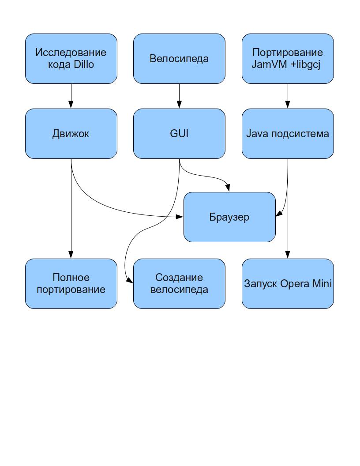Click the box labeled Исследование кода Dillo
(x=71, y=58)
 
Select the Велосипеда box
(x=179, y=58)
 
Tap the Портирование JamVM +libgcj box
(x=288, y=58)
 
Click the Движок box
(x=71, y=134)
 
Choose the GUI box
(x=179, y=134)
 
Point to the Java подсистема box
(x=288, y=134)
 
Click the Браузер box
(x=229, y=217)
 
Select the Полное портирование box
(x=71, y=284)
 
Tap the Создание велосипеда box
(x=179, y=284)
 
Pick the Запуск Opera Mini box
(x=288, y=284)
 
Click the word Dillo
(x=84, y=64)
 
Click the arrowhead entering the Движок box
(x=71, y=105)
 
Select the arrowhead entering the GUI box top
(x=179, y=105)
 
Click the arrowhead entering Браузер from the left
(x=180, y=217)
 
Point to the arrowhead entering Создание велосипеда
(x=130, y=280)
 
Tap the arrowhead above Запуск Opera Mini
(x=288, y=255)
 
